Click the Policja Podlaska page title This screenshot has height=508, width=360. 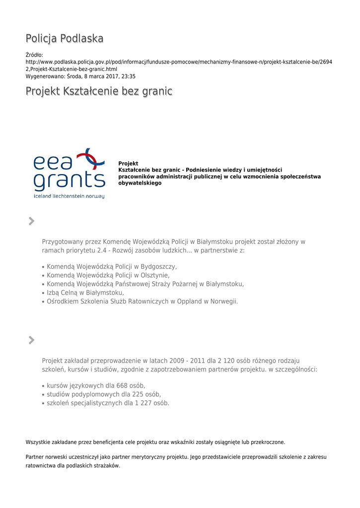point(65,39)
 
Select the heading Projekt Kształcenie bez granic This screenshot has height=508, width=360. point(99,91)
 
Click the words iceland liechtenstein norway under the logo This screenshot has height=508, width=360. point(69,196)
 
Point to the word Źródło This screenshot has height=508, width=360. point(34,55)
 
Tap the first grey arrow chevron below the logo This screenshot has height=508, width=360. point(31,221)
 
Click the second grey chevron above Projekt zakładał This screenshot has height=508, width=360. point(31,340)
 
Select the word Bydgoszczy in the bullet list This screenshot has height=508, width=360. point(160,266)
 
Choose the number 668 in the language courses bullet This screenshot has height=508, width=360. point(123,385)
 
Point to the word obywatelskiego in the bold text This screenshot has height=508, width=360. point(140,183)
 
